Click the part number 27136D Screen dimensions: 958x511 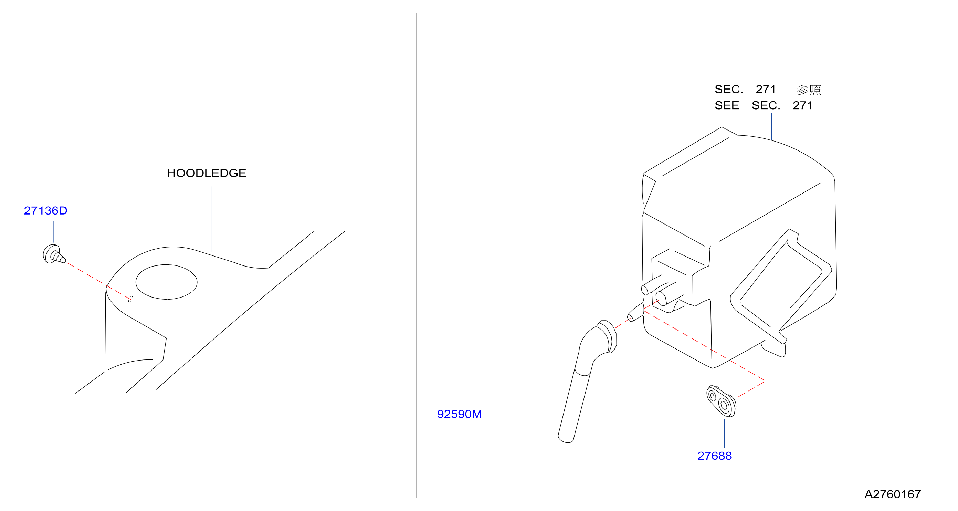(46, 210)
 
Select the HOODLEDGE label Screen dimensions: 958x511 (207, 173)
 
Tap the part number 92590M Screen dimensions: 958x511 (459, 414)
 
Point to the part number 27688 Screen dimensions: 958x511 (714, 456)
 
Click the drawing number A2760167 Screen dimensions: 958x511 (893, 494)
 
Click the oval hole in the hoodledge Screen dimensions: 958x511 (166, 282)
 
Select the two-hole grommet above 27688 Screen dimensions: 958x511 (721, 401)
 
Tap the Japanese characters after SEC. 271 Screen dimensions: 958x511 (809, 90)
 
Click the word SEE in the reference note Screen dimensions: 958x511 (727, 106)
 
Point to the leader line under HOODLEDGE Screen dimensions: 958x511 (211, 219)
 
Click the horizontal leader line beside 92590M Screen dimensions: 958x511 (532, 414)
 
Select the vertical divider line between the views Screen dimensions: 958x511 (417, 255)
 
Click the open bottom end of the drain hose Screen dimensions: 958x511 (566, 439)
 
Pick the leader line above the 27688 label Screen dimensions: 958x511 (725, 433)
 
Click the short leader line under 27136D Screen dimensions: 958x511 (53, 232)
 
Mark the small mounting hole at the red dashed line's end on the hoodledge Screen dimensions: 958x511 (130, 299)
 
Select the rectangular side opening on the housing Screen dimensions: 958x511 (781, 284)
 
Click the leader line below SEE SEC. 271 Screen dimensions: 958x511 (772, 126)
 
